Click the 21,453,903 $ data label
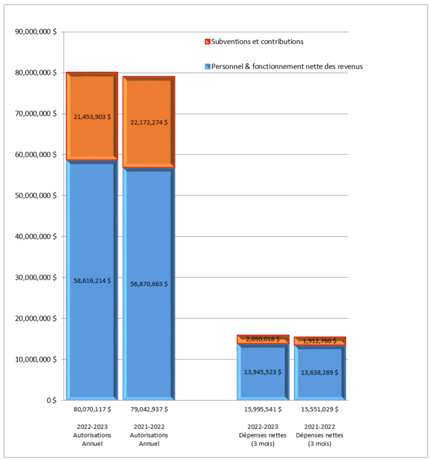tap(92, 117)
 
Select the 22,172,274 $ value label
tap(148, 123)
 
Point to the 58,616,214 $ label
tap(92, 280)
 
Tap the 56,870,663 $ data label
tap(148, 284)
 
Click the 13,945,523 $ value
tap(263, 372)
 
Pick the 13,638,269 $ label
tap(319, 372)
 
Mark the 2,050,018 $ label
tap(263, 339)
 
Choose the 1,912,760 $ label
tap(319, 341)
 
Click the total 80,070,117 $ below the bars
tap(92, 409)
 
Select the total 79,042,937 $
tap(148, 409)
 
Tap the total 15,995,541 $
tap(263, 409)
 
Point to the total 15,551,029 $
tap(319, 409)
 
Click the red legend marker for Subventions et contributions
tap(207, 42)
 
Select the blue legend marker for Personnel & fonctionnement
tap(207, 67)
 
